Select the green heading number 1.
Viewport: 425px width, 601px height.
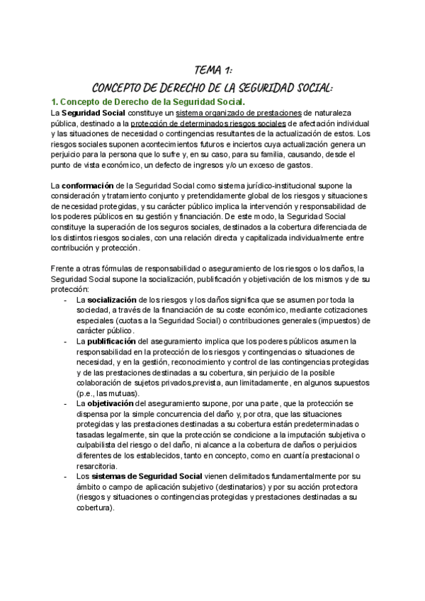tap(54, 102)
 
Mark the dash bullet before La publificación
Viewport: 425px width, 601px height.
tap(66, 341)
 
